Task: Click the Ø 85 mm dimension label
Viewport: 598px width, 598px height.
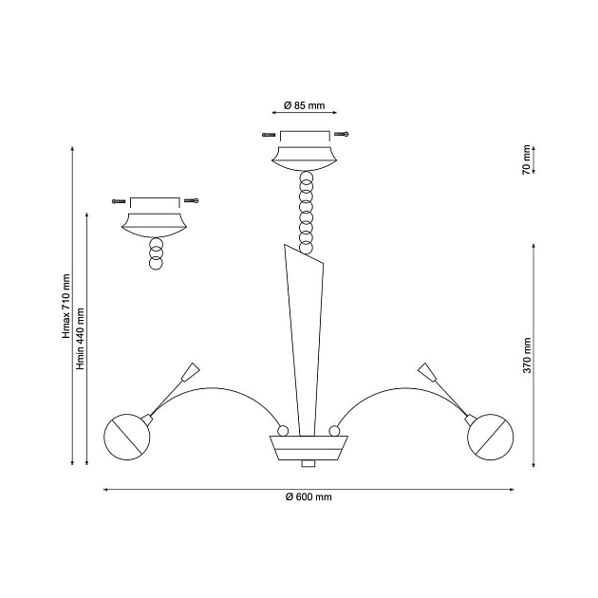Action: tap(305, 105)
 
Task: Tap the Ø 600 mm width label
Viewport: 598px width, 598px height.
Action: tap(308, 497)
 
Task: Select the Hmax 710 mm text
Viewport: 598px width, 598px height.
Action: tap(66, 306)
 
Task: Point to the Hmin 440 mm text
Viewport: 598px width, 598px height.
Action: tap(80, 339)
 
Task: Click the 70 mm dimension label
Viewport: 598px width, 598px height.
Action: tap(526, 159)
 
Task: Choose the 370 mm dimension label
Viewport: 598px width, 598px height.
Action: tap(527, 355)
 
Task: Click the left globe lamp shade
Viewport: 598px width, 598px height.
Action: tap(127, 437)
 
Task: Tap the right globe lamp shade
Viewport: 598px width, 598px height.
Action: tap(491, 437)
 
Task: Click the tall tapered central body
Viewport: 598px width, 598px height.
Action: tap(304, 340)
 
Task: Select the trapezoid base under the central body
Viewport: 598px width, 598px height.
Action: tap(308, 448)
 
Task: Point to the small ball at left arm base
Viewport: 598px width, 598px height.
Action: tap(283, 431)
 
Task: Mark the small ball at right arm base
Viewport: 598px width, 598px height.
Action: tap(334, 431)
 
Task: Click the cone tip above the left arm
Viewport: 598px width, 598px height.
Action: tap(191, 372)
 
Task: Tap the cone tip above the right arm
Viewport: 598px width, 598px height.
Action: tap(427, 372)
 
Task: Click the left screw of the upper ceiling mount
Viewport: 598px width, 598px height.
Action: tap(269, 135)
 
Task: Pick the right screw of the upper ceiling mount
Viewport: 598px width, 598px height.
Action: tap(342, 134)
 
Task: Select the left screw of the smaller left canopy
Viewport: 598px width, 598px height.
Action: tap(119, 201)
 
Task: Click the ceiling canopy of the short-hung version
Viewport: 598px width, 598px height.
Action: tap(155, 225)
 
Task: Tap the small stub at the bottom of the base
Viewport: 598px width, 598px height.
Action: tap(308, 463)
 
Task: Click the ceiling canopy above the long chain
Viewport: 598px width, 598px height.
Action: tap(305, 159)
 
